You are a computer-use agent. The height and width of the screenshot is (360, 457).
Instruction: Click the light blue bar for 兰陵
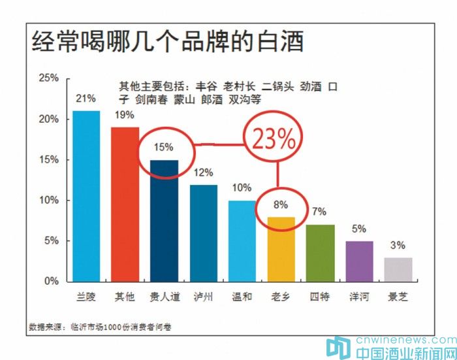(x=86, y=196)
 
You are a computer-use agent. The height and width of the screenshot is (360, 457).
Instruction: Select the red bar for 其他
(x=125, y=204)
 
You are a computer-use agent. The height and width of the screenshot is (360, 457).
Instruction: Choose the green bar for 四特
(x=319, y=253)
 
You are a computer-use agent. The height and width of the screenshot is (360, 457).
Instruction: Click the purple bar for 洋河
(x=358, y=261)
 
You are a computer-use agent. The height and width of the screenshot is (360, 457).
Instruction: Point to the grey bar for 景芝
(x=398, y=269)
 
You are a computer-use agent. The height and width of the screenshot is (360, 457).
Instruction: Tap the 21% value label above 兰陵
(x=86, y=99)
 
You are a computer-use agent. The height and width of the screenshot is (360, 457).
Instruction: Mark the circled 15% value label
(x=164, y=147)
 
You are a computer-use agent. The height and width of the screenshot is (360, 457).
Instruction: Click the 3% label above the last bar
(x=398, y=246)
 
